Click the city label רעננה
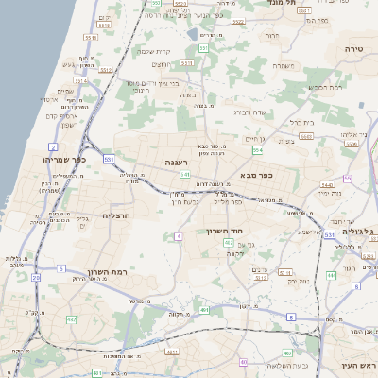point(177,162)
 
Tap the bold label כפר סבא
point(258,176)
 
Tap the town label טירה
point(355,46)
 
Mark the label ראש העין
point(360,365)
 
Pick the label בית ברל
point(301,122)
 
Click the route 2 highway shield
point(54,147)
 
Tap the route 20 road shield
point(36,278)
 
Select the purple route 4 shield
point(177,236)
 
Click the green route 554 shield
point(255,150)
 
